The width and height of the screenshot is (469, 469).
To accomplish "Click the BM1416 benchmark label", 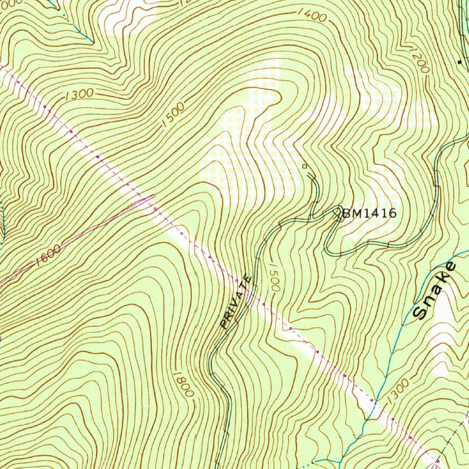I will pos(369,213).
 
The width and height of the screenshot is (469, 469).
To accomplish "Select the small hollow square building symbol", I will pos(305,166).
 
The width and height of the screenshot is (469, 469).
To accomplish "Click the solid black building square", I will pos(460,61).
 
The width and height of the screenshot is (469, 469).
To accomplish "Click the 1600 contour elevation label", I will pos(48,255).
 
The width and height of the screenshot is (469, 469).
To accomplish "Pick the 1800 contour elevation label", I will pos(183,384).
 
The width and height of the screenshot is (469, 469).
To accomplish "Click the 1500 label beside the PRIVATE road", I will pos(273,277).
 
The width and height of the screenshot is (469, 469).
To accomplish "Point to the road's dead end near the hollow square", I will pos(311,175).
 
